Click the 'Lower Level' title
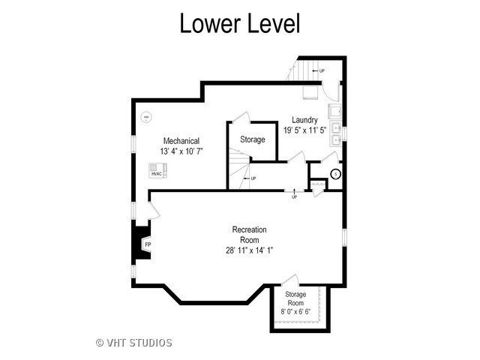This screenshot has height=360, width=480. click(240, 23)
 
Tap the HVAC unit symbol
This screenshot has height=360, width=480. click(157, 170)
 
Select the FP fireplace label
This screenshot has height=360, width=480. click(148, 244)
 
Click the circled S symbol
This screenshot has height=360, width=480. click(336, 174)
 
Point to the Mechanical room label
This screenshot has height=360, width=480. click(181, 141)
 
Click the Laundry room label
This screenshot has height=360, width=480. click(304, 120)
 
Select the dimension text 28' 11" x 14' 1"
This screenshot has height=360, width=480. click(249, 250)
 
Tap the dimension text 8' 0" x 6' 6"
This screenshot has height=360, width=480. click(295, 312)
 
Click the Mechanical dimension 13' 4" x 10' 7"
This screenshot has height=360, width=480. click(181, 151)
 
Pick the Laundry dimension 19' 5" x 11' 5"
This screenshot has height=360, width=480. click(304, 130)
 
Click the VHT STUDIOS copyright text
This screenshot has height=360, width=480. click(134, 343)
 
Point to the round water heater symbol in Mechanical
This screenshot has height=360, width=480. click(146, 117)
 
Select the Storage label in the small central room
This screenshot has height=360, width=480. click(253, 139)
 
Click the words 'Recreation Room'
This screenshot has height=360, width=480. click(249, 235)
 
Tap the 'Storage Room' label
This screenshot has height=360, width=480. click(295, 298)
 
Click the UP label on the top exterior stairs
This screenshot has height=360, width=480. click(322, 71)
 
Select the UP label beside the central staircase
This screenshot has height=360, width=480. click(253, 178)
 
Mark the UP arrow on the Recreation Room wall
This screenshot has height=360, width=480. click(294, 191)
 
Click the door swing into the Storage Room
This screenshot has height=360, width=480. click(290, 280)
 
